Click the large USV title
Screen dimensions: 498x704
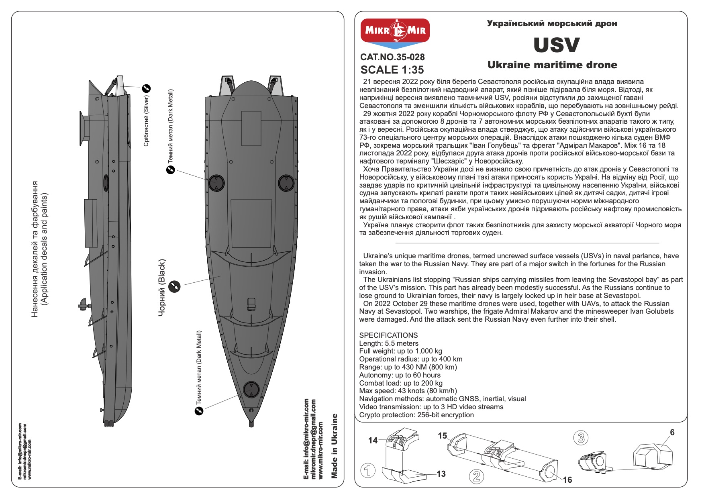tap(556, 45)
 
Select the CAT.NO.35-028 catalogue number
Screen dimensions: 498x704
tap(392, 57)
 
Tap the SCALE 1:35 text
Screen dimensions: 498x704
tap(392, 70)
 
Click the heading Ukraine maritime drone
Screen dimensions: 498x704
tap(552, 65)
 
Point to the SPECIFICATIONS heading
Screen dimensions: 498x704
tap(388, 335)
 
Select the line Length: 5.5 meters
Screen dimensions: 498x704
tap(389, 343)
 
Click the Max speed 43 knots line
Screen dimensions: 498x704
tap(408, 391)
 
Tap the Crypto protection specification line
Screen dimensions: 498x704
tap(416, 415)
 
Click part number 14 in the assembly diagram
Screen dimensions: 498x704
tap(373, 440)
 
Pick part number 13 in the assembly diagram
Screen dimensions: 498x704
tap(441, 474)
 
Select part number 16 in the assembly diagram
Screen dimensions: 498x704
tap(567, 480)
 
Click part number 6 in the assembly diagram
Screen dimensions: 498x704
tap(672, 433)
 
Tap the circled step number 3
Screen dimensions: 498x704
tap(581, 437)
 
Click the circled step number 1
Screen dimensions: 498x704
tap(368, 470)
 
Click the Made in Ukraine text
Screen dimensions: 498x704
tap(335, 446)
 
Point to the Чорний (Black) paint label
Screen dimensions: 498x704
tap(162, 288)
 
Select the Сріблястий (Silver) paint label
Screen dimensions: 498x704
tap(146, 120)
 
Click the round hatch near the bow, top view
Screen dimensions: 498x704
tap(251, 390)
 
